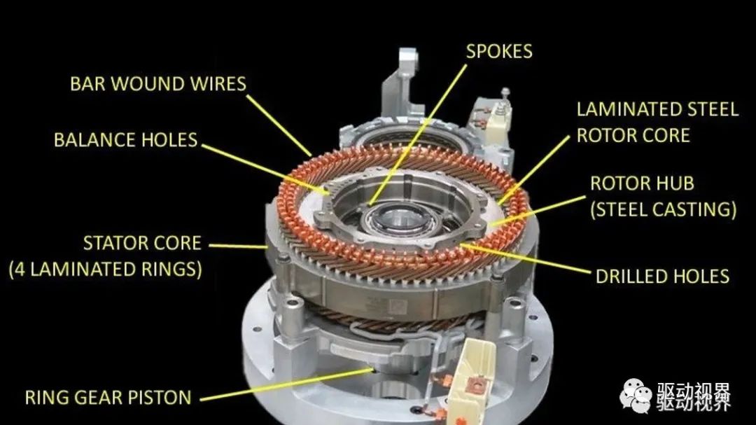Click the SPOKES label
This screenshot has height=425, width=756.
[x=499, y=52]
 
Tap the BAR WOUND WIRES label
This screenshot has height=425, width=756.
[x=158, y=84]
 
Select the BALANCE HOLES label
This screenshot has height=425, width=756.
[x=126, y=140]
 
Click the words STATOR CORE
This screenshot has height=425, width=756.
[x=142, y=243]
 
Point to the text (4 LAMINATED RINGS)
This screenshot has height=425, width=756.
[x=106, y=269]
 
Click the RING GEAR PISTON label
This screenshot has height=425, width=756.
[x=108, y=398]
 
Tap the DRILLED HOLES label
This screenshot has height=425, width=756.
[x=662, y=277]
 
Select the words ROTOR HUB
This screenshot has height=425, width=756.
[x=642, y=183]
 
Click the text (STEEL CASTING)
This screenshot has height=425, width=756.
[x=664, y=210]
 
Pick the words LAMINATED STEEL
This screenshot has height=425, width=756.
[x=657, y=109]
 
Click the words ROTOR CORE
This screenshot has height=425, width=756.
[x=633, y=136]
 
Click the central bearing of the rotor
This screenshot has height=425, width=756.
[x=400, y=223]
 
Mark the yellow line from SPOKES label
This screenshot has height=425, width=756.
[x=418, y=135]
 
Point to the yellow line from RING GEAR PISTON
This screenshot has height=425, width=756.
[x=287, y=384]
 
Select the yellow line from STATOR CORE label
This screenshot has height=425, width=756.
[x=238, y=246]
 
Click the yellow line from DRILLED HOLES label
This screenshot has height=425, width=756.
[x=526, y=259]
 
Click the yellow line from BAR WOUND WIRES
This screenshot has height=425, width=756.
[x=279, y=125]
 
